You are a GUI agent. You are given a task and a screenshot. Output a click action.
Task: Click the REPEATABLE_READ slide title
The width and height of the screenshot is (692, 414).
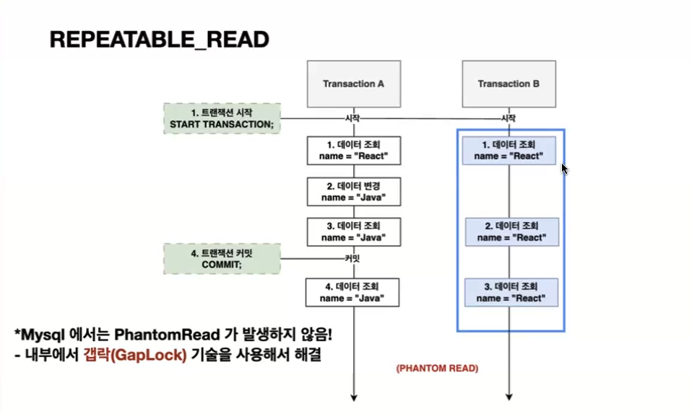click(159, 40)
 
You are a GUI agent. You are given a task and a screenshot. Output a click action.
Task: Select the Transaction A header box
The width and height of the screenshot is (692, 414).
click(353, 84)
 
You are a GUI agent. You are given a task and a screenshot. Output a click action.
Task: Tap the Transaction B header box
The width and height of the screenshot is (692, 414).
click(509, 84)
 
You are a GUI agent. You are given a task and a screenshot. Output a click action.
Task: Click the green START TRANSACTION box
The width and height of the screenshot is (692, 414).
click(222, 118)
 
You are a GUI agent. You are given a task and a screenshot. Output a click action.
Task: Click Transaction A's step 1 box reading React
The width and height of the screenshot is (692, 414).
click(353, 150)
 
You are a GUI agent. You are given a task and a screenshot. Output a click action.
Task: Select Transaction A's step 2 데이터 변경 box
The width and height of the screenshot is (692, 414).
click(353, 191)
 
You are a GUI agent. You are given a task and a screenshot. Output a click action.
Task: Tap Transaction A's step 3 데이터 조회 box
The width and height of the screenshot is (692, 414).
click(353, 232)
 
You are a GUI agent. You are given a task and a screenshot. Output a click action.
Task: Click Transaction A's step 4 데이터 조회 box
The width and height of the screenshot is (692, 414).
click(353, 292)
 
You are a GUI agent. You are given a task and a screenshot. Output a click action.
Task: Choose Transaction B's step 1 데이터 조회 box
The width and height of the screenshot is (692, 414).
click(510, 150)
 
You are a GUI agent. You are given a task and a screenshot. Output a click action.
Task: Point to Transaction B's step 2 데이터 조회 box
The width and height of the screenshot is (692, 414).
click(510, 232)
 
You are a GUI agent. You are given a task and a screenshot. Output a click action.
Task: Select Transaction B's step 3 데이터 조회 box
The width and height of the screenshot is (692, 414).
click(510, 292)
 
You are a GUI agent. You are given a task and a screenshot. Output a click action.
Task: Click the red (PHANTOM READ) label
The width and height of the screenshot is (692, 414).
click(436, 368)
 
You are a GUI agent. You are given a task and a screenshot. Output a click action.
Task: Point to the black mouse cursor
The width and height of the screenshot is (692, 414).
click(565, 168)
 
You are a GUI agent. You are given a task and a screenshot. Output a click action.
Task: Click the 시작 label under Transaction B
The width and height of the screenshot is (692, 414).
click(509, 118)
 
